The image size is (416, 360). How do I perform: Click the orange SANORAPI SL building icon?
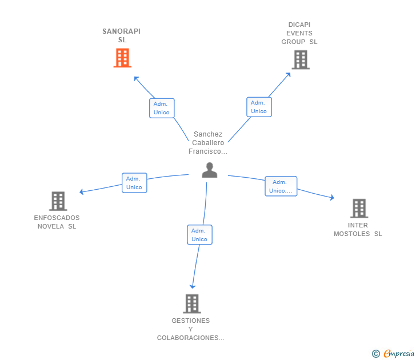pyautogui.click(x=122, y=58)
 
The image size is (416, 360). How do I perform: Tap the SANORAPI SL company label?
pyautogui.click(x=122, y=35)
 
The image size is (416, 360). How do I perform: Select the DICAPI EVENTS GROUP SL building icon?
pyautogui.click(x=301, y=59)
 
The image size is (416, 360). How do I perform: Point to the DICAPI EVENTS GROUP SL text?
pyautogui.click(x=299, y=33)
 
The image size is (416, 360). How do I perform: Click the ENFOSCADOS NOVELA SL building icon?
pyautogui.click(x=58, y=201)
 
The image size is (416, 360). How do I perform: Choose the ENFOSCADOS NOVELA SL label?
pyautogui.click(x=57, y=222)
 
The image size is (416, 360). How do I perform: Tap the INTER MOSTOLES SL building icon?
pyautogui.click(x=359, y=208)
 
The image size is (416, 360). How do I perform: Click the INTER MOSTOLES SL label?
pyautogui.click(x=358, y=229)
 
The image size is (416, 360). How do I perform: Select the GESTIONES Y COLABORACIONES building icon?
pyautogui.click(x=192, y=303)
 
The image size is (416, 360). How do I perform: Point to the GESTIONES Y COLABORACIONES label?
pyautogui.click(x=191, y=329)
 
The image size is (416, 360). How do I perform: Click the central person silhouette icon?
pyautogui.click(x=210, y=170)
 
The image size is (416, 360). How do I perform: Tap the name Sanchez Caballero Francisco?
pyautogui.click(x=208, y=143)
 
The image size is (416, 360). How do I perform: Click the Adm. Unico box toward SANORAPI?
pyautogui.click(x=162, y=108)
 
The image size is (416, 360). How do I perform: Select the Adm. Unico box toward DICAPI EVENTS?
pyautogui.click(x=259, y=107)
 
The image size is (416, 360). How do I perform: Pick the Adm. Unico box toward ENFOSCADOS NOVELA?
pyautogui.click(x=134, y=183)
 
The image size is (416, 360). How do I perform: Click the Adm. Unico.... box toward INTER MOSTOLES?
pyautogui.click(x=281, y=186)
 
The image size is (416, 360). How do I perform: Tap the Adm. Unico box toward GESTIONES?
pyautogui.click(x=199, y=235)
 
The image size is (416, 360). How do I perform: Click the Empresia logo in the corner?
pyautogui.click(x=394, y=354)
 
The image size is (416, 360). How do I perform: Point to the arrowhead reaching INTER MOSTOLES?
pyautogui.click(x=332, y=198)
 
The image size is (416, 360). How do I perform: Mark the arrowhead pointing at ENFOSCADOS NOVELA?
pyautogui.click(x=82, y=192)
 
